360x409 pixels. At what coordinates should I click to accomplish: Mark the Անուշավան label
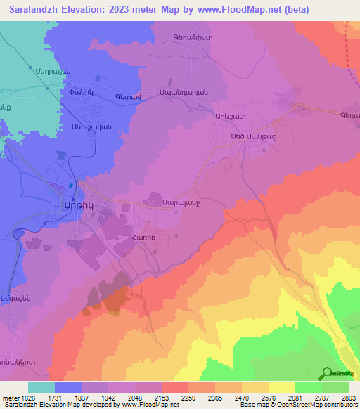pos(91,117)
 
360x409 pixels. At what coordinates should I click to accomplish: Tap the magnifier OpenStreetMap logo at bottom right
pos(326,373)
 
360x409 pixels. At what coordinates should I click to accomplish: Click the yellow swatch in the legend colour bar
pos(282,387)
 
